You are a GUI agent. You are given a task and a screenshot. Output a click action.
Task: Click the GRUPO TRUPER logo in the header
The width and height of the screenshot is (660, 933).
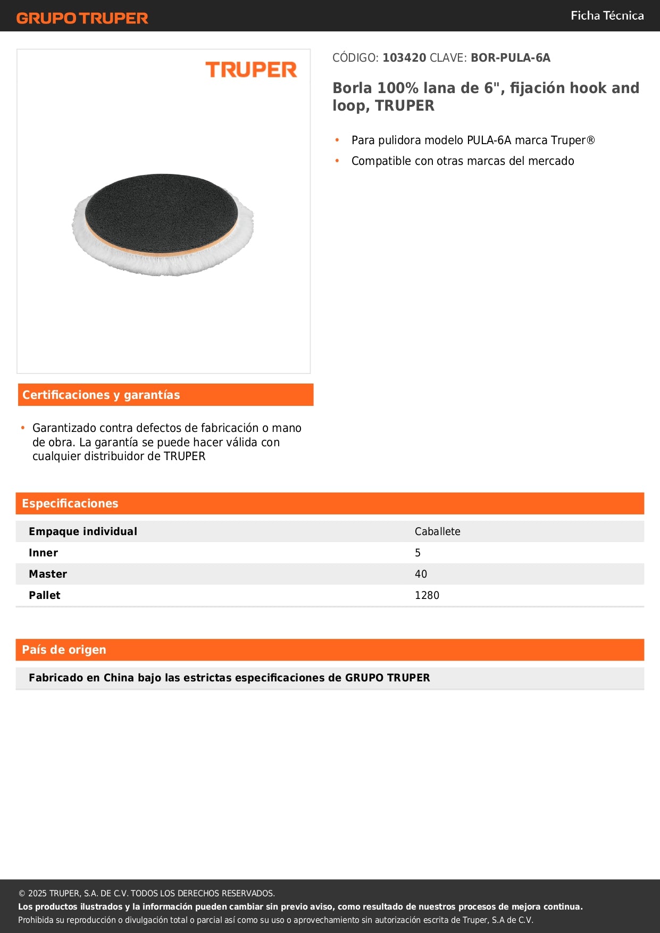[x=82, y=18]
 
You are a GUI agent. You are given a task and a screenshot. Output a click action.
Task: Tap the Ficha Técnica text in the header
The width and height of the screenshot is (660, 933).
[x=607, y=16]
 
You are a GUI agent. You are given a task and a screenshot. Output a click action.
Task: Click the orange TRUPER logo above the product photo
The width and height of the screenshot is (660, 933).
[x=251, y=70]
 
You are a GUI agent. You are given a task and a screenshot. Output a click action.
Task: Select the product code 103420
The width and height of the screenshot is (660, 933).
[x=404, y=58]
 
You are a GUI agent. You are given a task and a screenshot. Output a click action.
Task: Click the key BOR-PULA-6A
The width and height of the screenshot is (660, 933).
[x=510, y=58]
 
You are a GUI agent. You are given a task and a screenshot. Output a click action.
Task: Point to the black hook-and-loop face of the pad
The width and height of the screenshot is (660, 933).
[x=161, y=213]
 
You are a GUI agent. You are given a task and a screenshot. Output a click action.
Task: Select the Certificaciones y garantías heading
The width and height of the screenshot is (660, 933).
[x=101, y=395]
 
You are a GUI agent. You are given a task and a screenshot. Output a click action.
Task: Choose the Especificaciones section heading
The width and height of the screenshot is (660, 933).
[x=70, y=504]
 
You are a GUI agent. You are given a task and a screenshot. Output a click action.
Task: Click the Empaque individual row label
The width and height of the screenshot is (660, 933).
[x=83, y=531]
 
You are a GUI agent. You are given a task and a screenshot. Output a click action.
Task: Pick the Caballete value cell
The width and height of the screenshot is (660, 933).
[x=437, y=531]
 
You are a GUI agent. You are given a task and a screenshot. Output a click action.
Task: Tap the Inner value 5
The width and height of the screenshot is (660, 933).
[x=417, y=553]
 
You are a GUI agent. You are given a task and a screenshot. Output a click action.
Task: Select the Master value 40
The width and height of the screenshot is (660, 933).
[x=421, y=574]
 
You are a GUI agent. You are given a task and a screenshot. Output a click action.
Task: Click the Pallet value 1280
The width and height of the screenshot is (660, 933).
[x=427, y=595]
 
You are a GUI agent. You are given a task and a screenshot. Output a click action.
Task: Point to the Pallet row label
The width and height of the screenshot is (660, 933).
[x=45, y=595]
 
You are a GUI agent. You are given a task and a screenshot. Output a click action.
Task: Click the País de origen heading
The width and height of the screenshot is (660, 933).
[x=64, y=650]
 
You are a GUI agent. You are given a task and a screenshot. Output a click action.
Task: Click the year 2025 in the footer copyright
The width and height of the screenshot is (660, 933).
[x=37, y=894]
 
